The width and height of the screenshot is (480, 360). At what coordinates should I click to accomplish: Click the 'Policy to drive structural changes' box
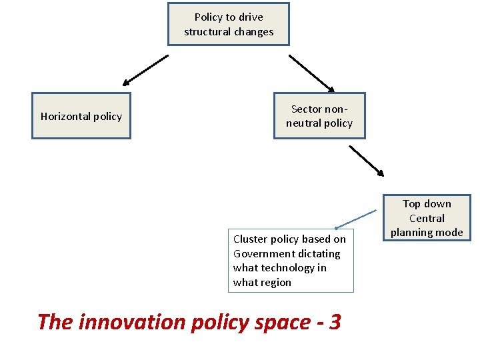pos(228,24)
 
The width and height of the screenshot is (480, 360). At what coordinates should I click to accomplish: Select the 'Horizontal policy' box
pos(81,116)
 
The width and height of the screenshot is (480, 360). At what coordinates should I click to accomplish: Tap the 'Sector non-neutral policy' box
pos(319,116)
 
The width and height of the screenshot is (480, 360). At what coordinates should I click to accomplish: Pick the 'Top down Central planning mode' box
pos(427,218)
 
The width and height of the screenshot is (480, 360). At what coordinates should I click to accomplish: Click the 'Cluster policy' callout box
pos(290,261)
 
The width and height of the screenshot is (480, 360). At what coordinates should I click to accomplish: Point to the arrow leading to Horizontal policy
pos(145,70)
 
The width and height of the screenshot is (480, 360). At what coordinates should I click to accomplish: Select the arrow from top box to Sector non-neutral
pos(311,73)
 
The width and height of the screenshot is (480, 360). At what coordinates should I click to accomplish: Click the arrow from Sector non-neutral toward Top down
pos(367,161)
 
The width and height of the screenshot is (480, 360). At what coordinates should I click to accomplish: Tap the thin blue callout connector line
pos(356,219)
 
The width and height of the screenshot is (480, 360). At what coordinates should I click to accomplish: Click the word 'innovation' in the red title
pos(133,322)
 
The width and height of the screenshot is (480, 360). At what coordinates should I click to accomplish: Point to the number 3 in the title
pos(335,322)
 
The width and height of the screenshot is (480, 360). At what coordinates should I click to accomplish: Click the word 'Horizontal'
pos(65,116)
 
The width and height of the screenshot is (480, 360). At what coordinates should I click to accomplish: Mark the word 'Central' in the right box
pos(427,218)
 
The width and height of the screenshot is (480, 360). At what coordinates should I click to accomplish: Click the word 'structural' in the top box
pos(206,31)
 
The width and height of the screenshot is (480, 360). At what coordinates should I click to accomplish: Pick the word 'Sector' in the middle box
pos(306,109)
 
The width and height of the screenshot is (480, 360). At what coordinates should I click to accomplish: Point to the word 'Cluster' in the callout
pos(250,239)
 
